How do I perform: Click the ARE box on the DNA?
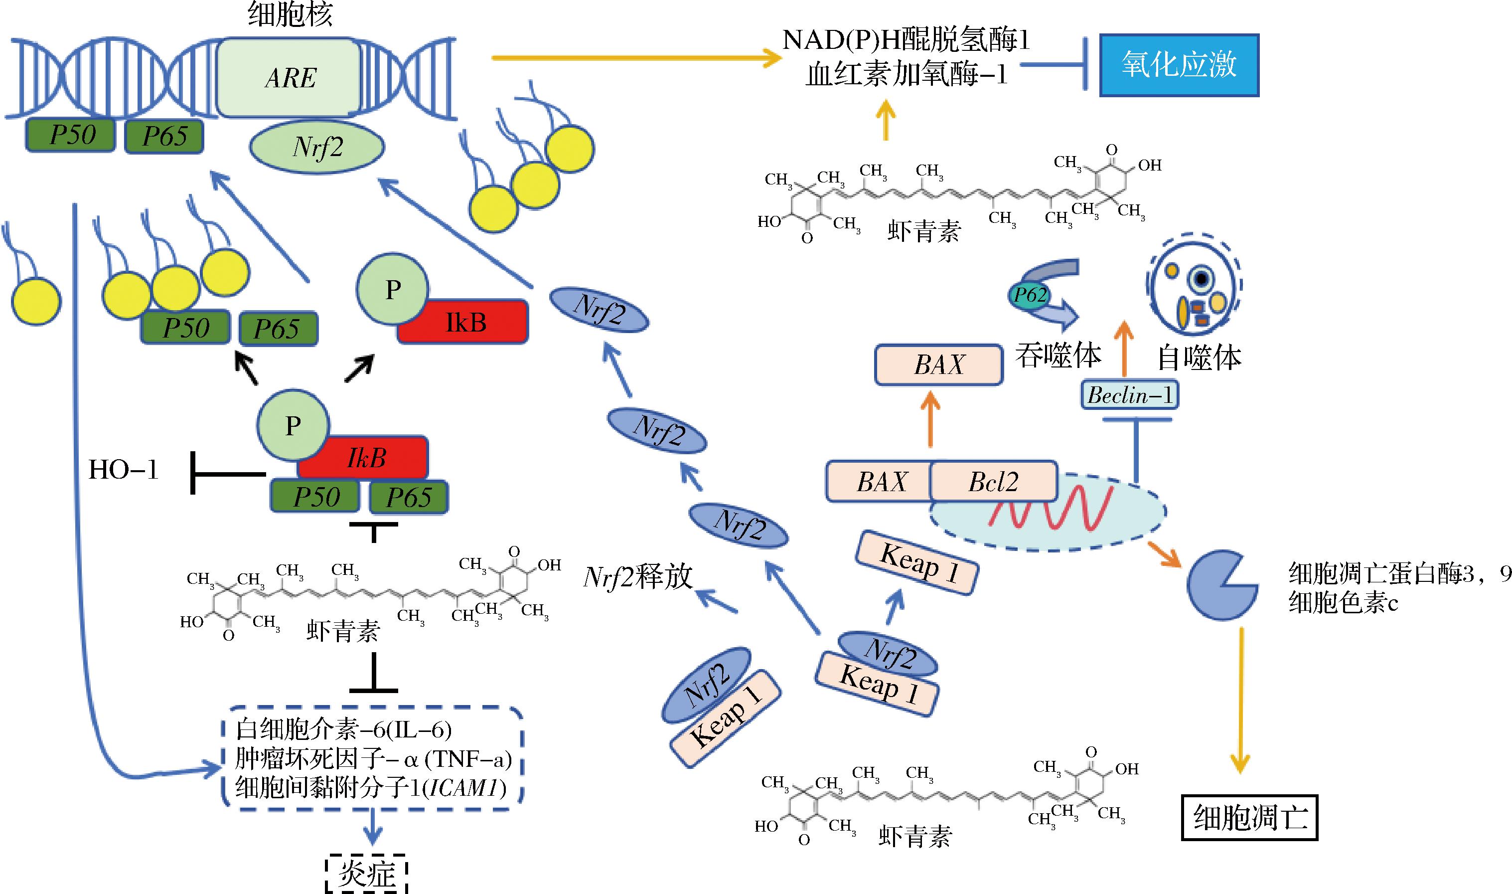coord(290,77)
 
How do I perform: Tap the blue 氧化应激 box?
coord(1179,64)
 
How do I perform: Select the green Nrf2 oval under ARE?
coord(317,147)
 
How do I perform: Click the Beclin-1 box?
coord(1129,395)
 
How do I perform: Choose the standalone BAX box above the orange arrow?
coord(938,364)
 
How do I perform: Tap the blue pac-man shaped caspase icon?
coord(1219,584)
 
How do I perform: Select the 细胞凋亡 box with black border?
coord(1249,818)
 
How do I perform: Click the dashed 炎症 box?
coord(367,874)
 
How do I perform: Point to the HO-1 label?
coord(123,470)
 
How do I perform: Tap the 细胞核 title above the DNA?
coord(290,14)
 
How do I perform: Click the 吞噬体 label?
coord(1058,356)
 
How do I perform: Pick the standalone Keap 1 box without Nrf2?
coord(916,563)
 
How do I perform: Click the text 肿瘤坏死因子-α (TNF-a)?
coord(373,759)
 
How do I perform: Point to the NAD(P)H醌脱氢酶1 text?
coord(906,40)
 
